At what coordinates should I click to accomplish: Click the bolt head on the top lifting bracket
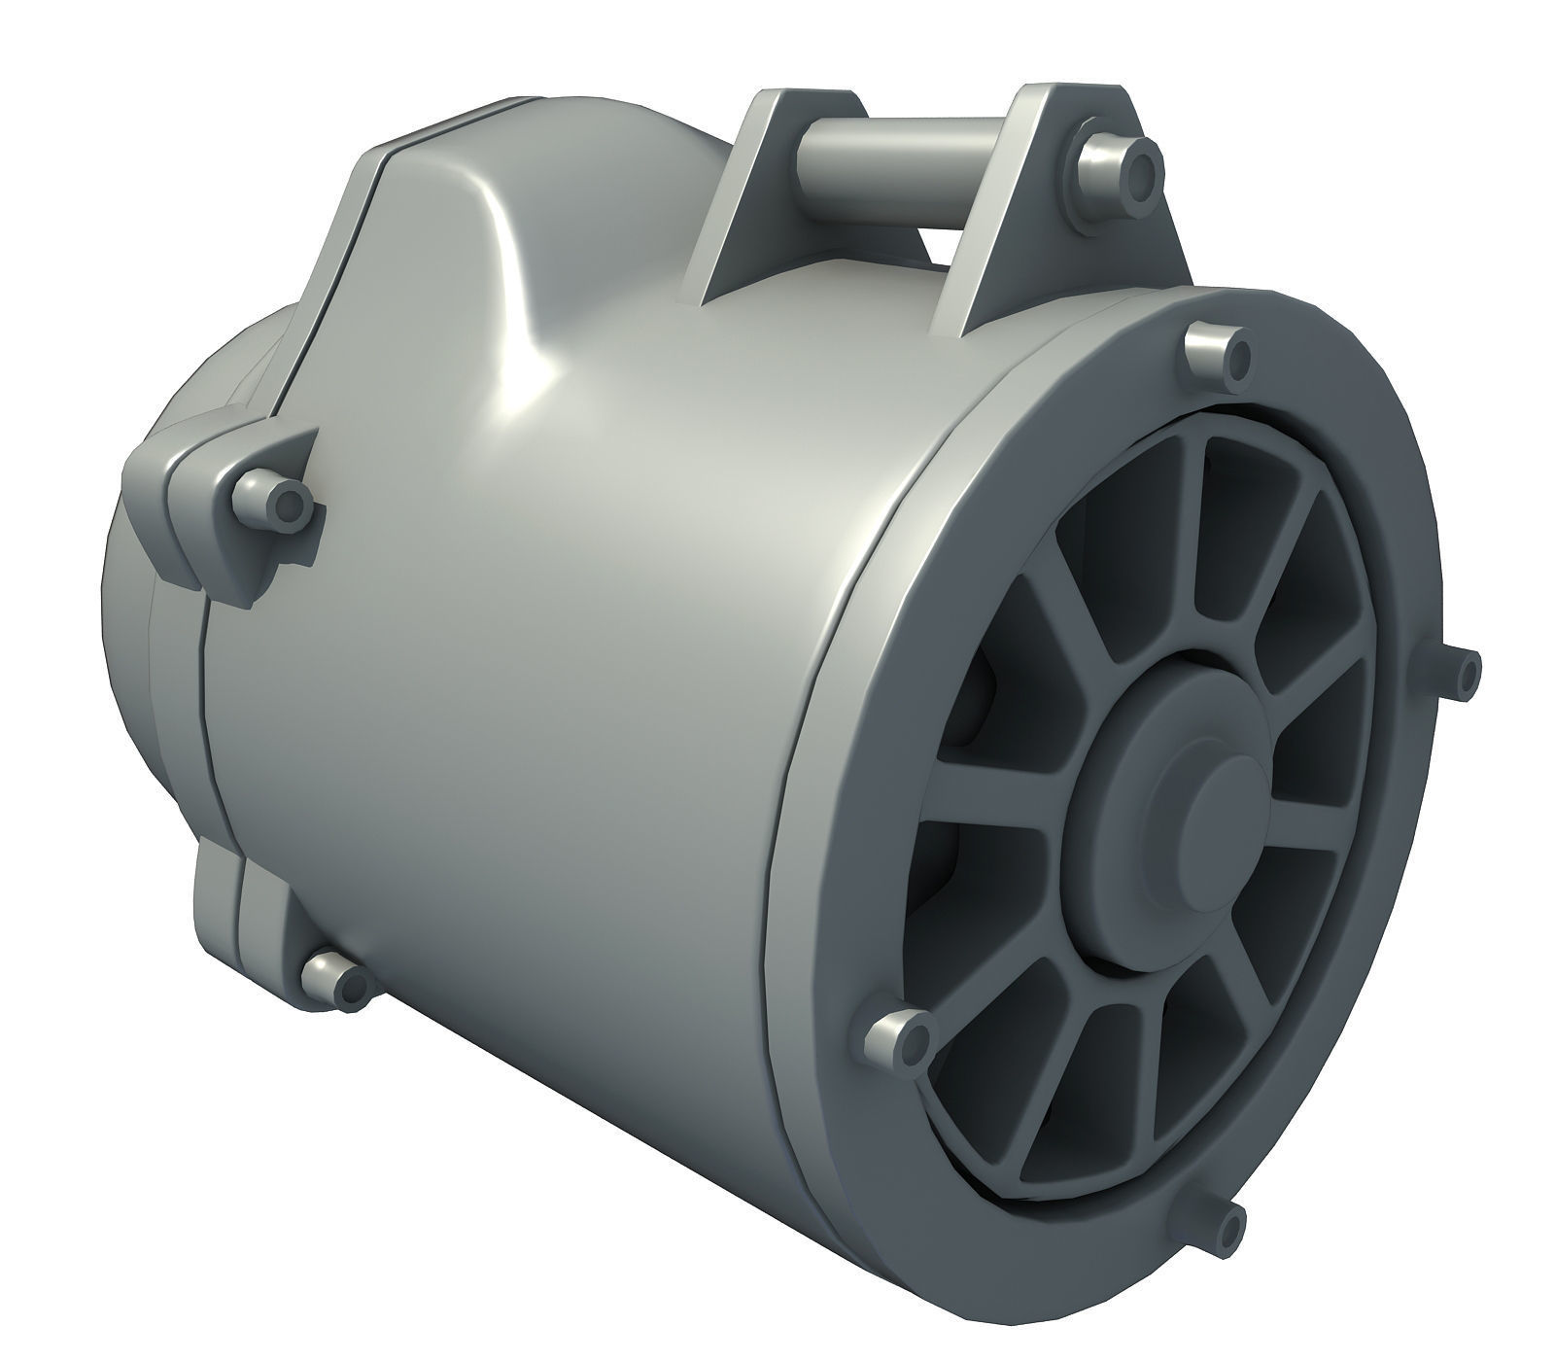pyautogui.click(x=1117, y=165)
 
